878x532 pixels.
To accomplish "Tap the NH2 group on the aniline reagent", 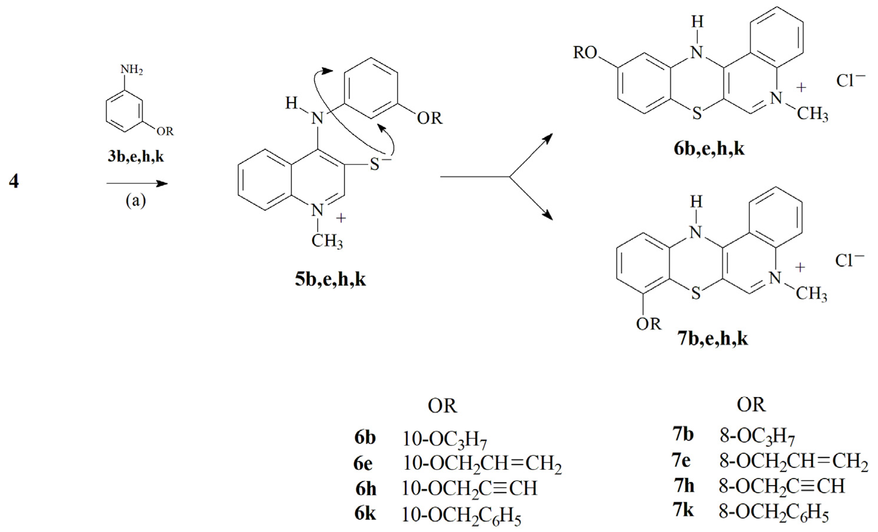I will [131, 69].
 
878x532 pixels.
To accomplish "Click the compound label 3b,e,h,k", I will [136, 156].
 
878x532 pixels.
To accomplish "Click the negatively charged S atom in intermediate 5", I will [375, 164].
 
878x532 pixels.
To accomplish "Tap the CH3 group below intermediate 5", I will [327, 241].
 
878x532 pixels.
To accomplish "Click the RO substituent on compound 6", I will [585, 53].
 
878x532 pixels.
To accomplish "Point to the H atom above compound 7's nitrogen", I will [696, 203].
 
